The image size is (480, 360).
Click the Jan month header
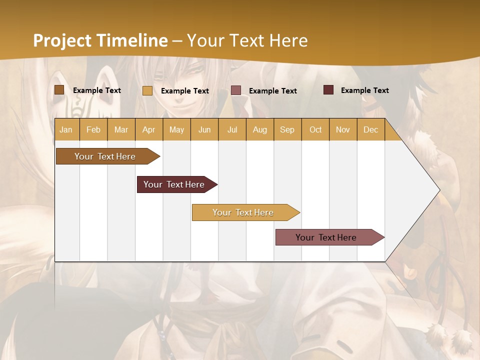pyautogui.click(x=66, y=129)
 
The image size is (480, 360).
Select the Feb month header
pyautogui.click(x=93, y=129)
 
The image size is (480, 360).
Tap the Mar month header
pyautogui.click(x=121, y=129)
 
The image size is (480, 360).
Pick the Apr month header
pyautogui.click(x=149, y=129)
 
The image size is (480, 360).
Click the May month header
pyautogui.click(x=176, y=129)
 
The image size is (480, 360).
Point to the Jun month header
pyautogui.click(x=204, y=129)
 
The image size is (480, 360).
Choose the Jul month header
pyautogui.click(x=232, y=129)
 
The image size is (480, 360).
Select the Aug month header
pyautogui.click(x=260, y=129)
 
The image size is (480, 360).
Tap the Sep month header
pyautogui.click(x=287, y=129)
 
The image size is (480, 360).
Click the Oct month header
pyautogui.click(x=315, y=129)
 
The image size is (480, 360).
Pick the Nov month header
pyautogui.click(x=343, y=129)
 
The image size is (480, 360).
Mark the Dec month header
pyautogui.click(x=371, y=129)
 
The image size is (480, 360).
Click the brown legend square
pyautogui.click(x=59, y=90)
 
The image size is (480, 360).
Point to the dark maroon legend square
pyautogui.click(x=328, y=90)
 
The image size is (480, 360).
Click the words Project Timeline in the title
pyautogui.click(x=100, y=40)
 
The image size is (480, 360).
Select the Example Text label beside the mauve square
pyautogui.click(x=272, y=91)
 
